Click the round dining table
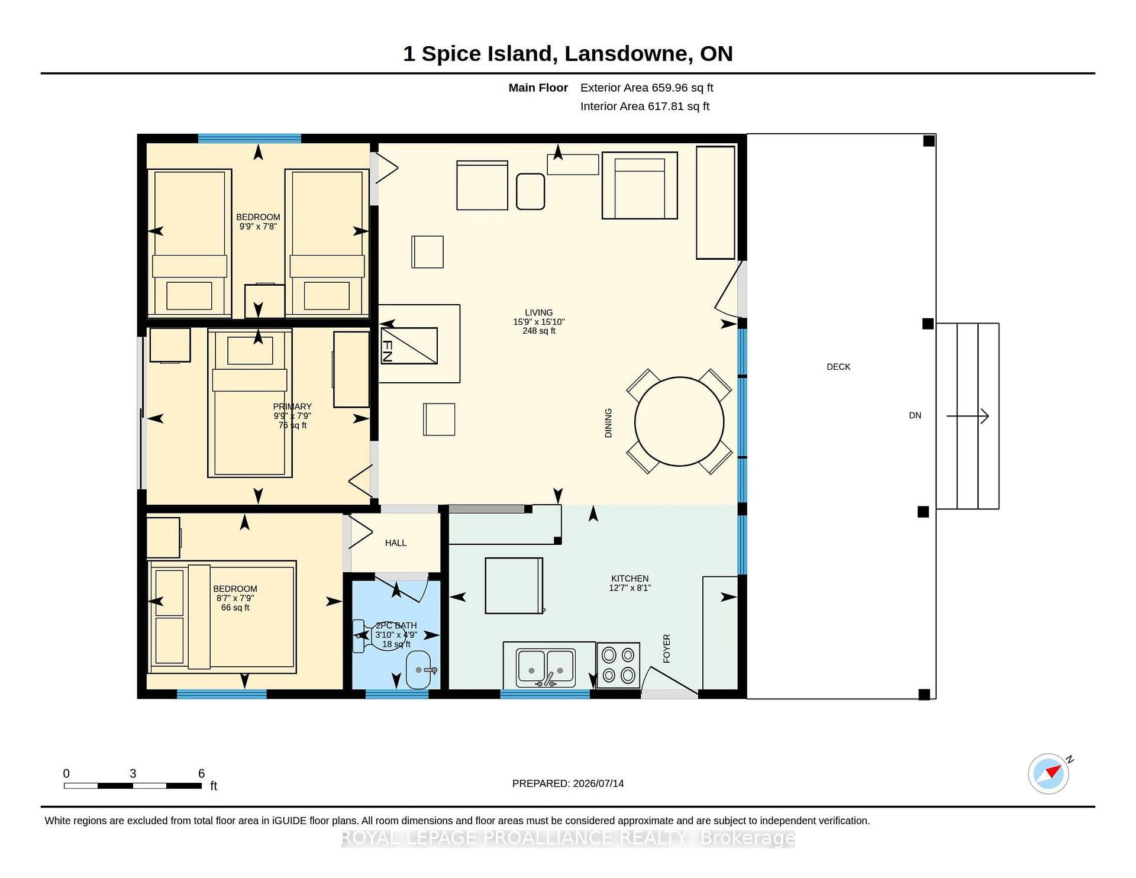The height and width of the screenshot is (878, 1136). click(x=679, y=422)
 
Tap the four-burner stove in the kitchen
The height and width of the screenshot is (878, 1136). click(x=618, y=665)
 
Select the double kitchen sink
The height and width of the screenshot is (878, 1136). click(x=545, y=667)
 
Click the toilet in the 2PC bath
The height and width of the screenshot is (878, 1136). click(x=379, y=636)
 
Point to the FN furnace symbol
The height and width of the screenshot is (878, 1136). click(x=409, y=346)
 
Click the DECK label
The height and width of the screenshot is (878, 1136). click(x=838, y=367)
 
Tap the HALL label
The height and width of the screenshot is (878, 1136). click(x=396, y=543)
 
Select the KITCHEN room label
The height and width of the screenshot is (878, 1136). click(x=630, y=578)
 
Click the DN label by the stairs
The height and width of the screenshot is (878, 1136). click(x=915, y=415)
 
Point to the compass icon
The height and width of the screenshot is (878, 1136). click(x=1048, y=773)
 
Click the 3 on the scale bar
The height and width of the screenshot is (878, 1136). click(x=133, y=773)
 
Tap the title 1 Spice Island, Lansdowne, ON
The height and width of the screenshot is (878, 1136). click(x=568, y=54)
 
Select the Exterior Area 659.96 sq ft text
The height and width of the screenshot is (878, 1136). click(x=647, y=88)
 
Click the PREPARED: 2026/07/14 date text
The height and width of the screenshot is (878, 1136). click(x=568, y=783)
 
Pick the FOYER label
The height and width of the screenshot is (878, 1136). click(x=667, y=648)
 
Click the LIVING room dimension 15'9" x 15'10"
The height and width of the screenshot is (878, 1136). click(x=539, y=322)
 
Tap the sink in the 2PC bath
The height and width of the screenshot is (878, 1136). click(x=419, y=670)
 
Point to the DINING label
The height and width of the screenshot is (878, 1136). click(x=608, y=423)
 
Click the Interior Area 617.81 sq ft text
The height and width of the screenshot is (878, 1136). click(x=645, y=106)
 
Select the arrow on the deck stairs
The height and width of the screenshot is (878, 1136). click(x=967, y=416)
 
